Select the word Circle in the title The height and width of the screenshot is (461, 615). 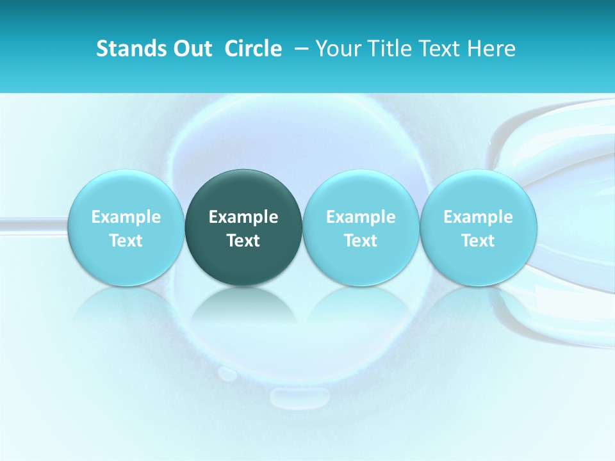(x=253, y=49)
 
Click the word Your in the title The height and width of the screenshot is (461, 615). (x=337, y=49)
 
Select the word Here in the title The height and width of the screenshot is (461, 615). (x=493, y=49)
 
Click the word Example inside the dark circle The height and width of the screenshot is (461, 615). (x=243, y=217)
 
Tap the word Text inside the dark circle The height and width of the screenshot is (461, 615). (x=243, y=241)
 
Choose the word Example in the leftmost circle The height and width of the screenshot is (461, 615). (x=126, y=217)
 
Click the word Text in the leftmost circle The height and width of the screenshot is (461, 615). (x=126, y=241)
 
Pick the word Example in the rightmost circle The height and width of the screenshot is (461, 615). (x=478, y=217)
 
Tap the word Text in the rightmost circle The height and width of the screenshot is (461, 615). (x=478, y=241)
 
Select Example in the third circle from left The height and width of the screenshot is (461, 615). (x=361, y=217)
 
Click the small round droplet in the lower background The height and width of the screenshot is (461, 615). (x=226, y=373)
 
